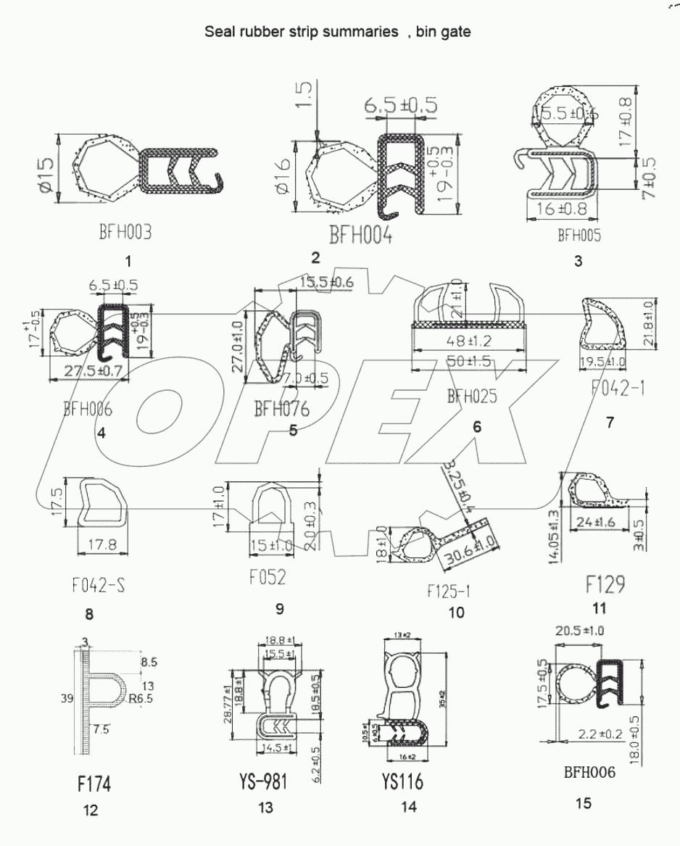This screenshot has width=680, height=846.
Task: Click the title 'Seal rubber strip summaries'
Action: (x=298, y=32)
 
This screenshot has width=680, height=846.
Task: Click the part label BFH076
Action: (x=281, y=409)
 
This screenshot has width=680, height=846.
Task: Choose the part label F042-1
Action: (x=614, y=389)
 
